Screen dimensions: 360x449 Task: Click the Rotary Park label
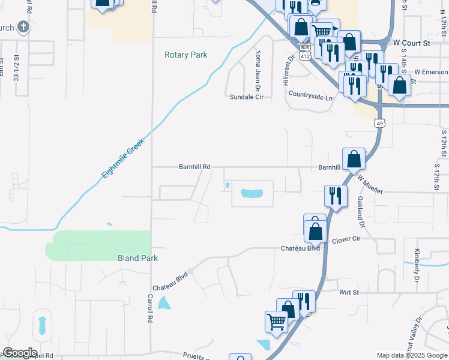(x=186, y=55)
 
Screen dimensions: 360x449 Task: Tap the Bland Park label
(x=137, y=258)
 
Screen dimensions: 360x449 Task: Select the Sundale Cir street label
(x=247, y=97)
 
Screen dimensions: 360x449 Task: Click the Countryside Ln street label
(x=310, y=96)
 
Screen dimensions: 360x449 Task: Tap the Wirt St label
(x=348, y=292)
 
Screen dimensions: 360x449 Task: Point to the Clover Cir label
(x=346, y=239)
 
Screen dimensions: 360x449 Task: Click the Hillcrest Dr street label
(x=287, y=71)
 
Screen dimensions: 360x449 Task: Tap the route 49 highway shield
(x=378, y=123)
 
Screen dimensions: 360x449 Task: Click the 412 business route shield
(x=306, y=52)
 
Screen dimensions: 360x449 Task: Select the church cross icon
(x=23, y=26)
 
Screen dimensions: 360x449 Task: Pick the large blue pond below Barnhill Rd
(x=252, y=193)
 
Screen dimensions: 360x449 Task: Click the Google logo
(x=20, y=353)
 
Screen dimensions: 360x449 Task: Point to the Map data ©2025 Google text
(x=411, y=355)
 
